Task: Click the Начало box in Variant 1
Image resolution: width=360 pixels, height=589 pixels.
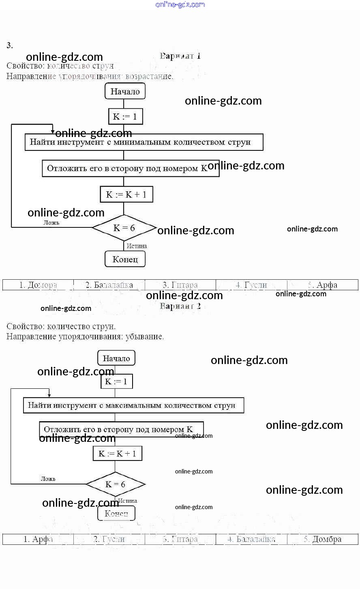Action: tap(125, 91)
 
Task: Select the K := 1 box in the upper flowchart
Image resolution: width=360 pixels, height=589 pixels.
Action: tap(125, 117)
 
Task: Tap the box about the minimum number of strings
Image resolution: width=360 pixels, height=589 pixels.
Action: tap(144, 142)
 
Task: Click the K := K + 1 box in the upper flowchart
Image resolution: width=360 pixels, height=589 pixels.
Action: tap(126, 195)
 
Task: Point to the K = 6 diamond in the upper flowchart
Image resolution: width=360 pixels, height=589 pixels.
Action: tap(124, 228)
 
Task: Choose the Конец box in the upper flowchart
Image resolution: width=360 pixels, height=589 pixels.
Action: tap(125, 259)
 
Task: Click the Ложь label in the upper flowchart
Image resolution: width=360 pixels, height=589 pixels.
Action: tap(51, 223)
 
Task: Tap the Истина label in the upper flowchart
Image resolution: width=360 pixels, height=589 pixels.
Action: tap(137, 246)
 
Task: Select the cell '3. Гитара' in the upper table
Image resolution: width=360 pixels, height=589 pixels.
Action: tap(180, 285)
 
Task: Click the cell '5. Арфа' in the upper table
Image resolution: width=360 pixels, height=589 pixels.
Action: tap(323, 285)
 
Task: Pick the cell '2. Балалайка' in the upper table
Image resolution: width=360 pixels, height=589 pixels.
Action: tap(109, 285)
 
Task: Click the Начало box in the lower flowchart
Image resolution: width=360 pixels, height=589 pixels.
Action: tap(116, 358)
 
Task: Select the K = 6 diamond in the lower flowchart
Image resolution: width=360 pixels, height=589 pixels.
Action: tap(116, 484)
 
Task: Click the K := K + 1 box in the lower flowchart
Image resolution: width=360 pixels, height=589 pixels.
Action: tap(118, 454)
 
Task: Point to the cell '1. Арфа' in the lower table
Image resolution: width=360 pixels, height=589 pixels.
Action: tap(38, 539)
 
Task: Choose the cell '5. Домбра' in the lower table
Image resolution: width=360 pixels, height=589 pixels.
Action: tap(323, 539)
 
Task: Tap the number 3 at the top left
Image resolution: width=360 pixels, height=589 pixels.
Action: tap(9, 45)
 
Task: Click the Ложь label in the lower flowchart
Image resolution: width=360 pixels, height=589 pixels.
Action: tap(48, 479)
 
